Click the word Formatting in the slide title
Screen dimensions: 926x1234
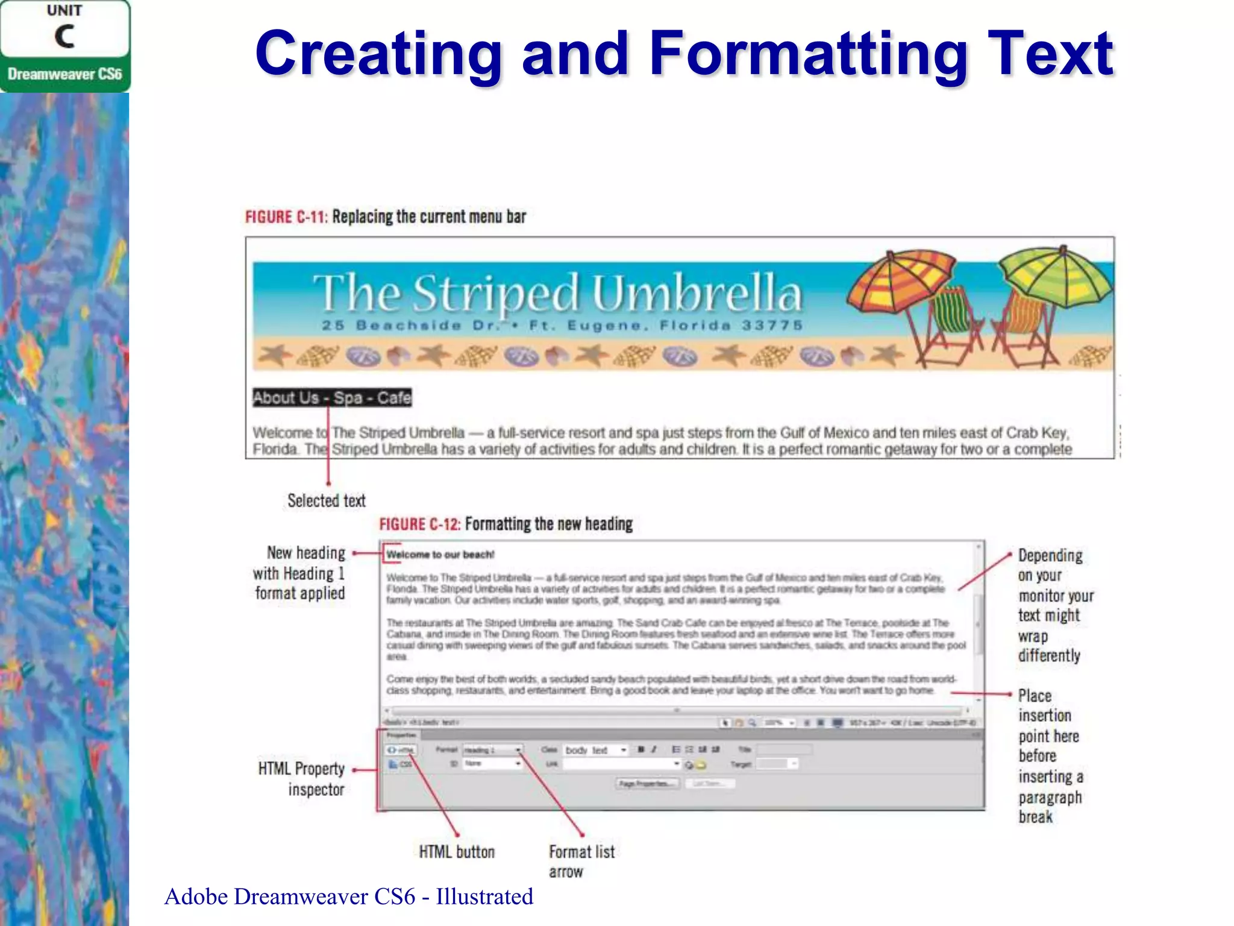pos(808,55)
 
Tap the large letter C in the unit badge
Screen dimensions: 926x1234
pos(64,37)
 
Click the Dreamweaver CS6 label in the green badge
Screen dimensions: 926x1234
pos(64,74)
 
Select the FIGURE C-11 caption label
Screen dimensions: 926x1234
pos(286,217)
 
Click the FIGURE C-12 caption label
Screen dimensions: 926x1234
pos(419,524)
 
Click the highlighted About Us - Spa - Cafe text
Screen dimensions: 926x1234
pos(332,398)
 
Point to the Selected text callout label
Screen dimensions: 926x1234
pos(327,501)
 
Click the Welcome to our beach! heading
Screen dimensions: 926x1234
pos(440,555)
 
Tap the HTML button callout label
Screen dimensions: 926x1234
pos(457,852)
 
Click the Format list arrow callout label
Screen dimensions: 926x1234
pos(581,861)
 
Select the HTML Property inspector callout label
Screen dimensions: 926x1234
pos(302,779)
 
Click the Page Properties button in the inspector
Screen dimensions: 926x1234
pos(647,784)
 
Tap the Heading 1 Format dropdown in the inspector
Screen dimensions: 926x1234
pos(492,750)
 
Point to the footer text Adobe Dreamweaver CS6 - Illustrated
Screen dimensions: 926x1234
pos(348,897)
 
